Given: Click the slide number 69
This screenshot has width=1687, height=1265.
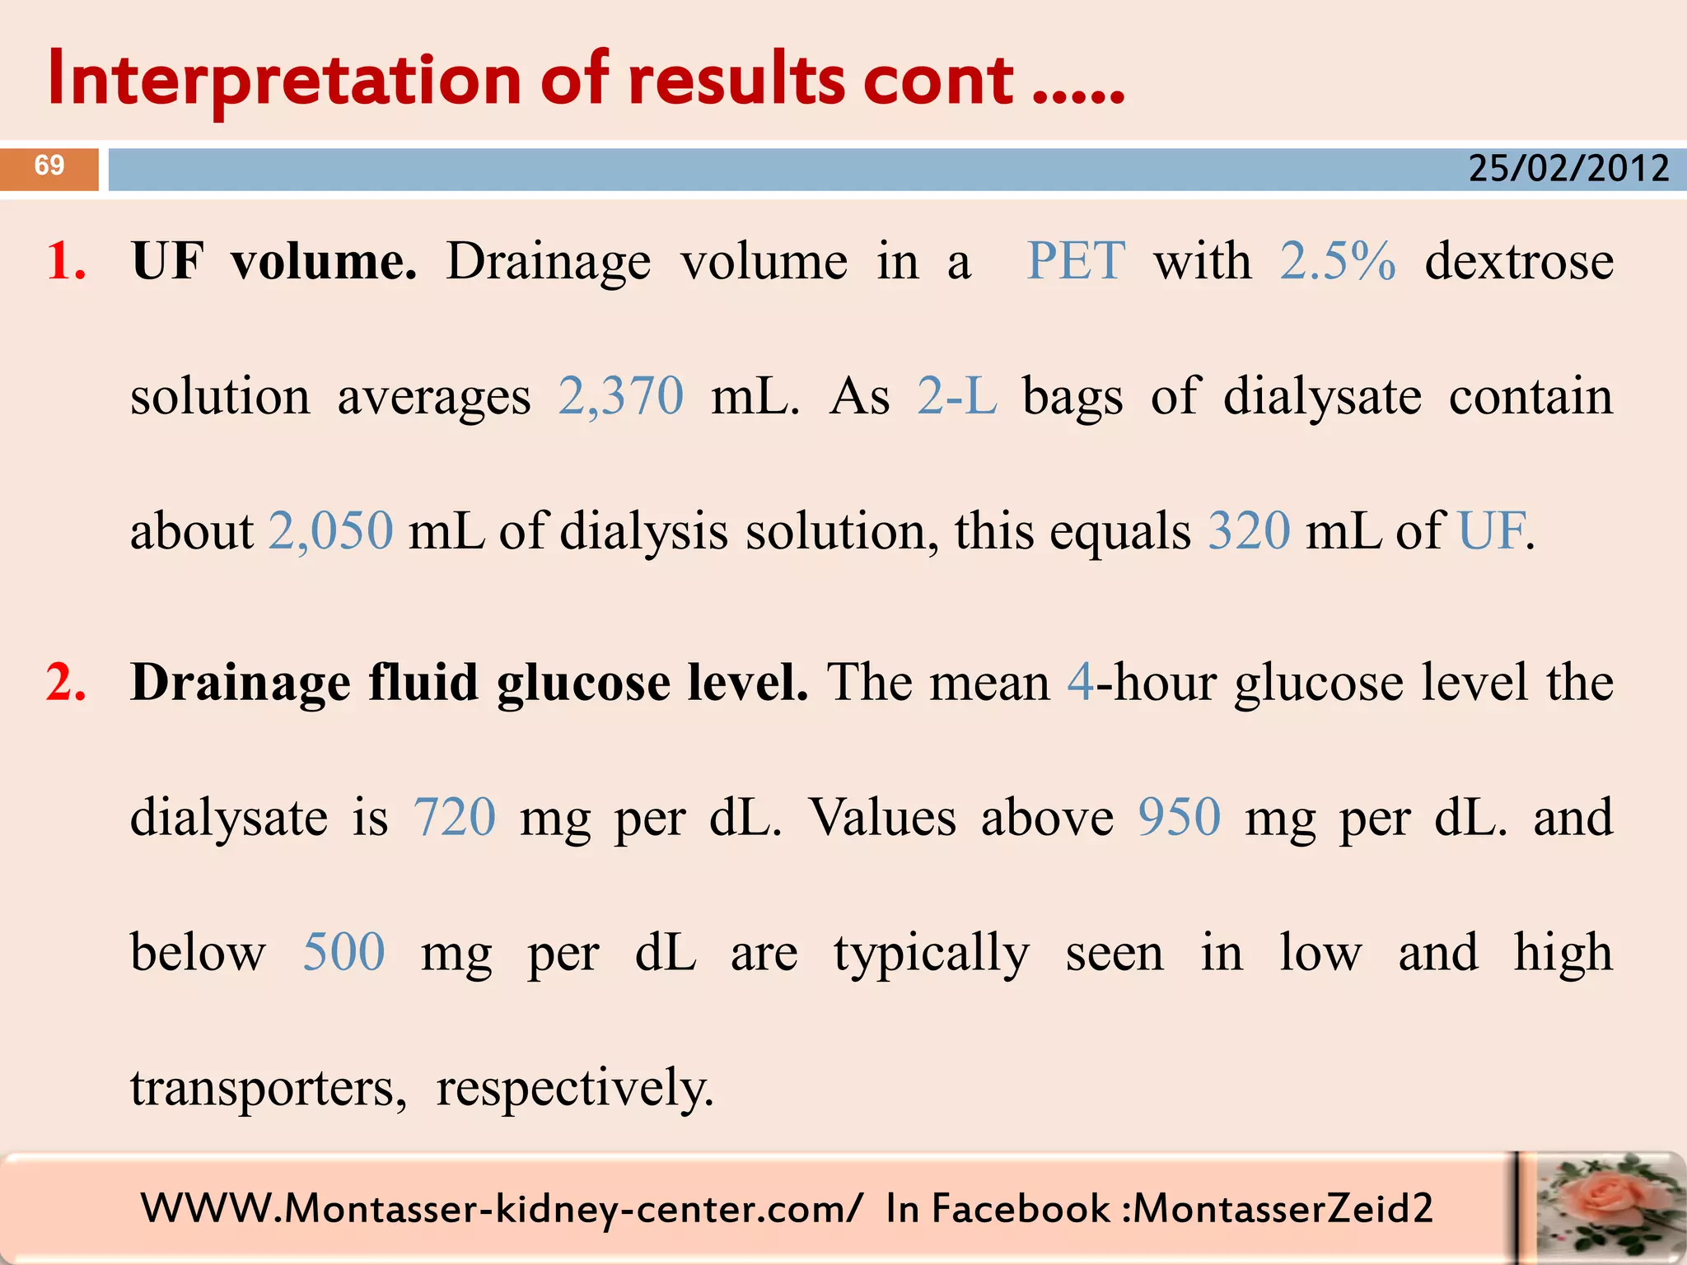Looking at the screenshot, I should click(49, 166).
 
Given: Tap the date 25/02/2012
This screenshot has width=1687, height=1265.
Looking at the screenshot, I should click(1568, 169).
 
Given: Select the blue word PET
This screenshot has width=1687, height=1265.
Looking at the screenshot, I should click(1075, 262).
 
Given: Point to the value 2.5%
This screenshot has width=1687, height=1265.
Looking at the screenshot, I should click(1338, 262).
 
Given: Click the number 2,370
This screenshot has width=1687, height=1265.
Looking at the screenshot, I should click(621, 396).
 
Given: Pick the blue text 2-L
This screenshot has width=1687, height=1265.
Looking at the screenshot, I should click(957, 396).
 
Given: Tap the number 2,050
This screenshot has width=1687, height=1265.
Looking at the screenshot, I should click(331, 531).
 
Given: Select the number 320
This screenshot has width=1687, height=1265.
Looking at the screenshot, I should click(1249, 531).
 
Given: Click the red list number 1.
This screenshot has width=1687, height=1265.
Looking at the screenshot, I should click(66, 262).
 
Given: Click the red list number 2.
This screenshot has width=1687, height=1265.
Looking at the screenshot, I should click(66, 683).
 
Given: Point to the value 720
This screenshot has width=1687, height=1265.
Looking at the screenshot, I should click(455, 818).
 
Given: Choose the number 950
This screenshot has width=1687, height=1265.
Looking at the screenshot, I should click(1180, 818).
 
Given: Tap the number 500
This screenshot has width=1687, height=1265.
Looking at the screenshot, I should click(343, 953).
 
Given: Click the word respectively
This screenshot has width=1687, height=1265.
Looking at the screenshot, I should click(574, 1088).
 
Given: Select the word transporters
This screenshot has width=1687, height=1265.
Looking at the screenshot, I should click(269, 1088).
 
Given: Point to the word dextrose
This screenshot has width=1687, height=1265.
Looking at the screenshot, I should click(1519, 262).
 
